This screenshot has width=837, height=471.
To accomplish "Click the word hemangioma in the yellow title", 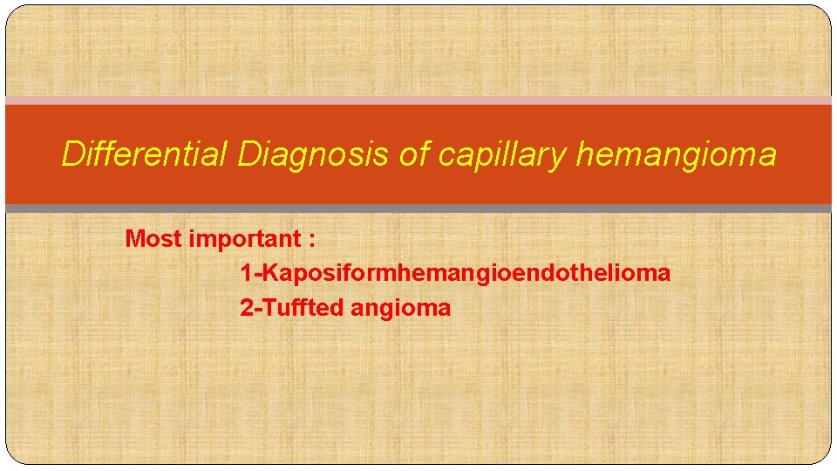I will tap(676, 155).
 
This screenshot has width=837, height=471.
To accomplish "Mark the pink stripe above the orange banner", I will tap(418, 100).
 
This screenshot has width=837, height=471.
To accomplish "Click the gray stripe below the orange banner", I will tap(418, 208).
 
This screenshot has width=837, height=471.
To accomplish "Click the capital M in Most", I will tap(134, 238).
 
